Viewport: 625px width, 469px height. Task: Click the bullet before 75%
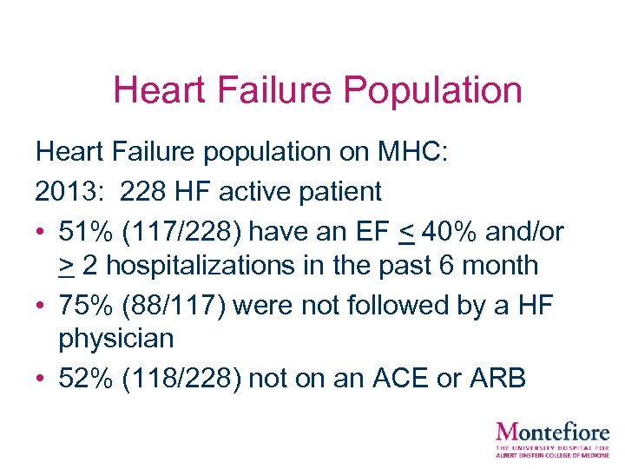coord(41,305)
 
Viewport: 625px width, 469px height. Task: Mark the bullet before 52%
coord(41,380)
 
